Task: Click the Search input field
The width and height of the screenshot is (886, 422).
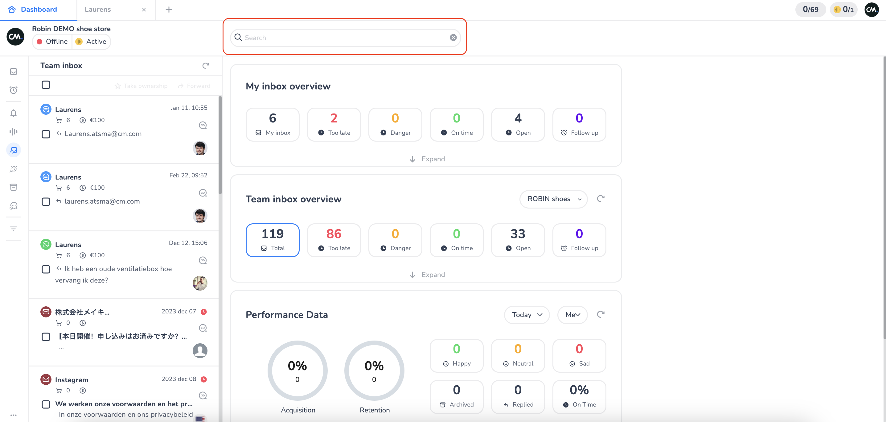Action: pyautogui.click(x=344, y=38)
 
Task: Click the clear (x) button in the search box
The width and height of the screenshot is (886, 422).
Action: pyautogui.click(x=453, y=38)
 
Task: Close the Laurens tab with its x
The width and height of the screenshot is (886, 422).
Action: pyautogui.click(x=144, y=10)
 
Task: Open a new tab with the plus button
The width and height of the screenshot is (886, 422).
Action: pyautogui.click(x=169, y=10)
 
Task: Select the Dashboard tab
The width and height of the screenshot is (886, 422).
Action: pyautogui.click(x=39, y=10)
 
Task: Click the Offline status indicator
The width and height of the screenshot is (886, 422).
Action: pyautogui.click(x=52, y=42)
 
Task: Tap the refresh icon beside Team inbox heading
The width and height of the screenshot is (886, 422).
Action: pyautogui.click(x=206, y=65)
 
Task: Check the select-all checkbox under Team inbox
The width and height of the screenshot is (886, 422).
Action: pyautogui.click(x=46, y=85)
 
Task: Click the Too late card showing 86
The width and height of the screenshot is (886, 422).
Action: pyautogui.click(x=334, y=240)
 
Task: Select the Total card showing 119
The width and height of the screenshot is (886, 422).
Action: pyautogui.click(x=273, y=240)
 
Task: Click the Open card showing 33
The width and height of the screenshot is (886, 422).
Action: pyautogui.click(x=518, y=240)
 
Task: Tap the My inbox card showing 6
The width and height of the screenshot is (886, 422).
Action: pyautogui.click(x=273, y=124)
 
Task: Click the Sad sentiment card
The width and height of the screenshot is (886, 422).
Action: pyautogui.click(x=579, y=356)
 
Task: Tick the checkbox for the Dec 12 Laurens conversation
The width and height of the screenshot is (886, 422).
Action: pyautogui.click(x=46, y=269)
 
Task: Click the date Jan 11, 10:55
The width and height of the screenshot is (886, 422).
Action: pyautogui.click(x=189, y=108)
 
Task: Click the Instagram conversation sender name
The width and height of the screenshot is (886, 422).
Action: pyautogui.click(x=72, y=380)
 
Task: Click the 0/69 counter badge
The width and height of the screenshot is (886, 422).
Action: pyautogui.click(x=810, y=10)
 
